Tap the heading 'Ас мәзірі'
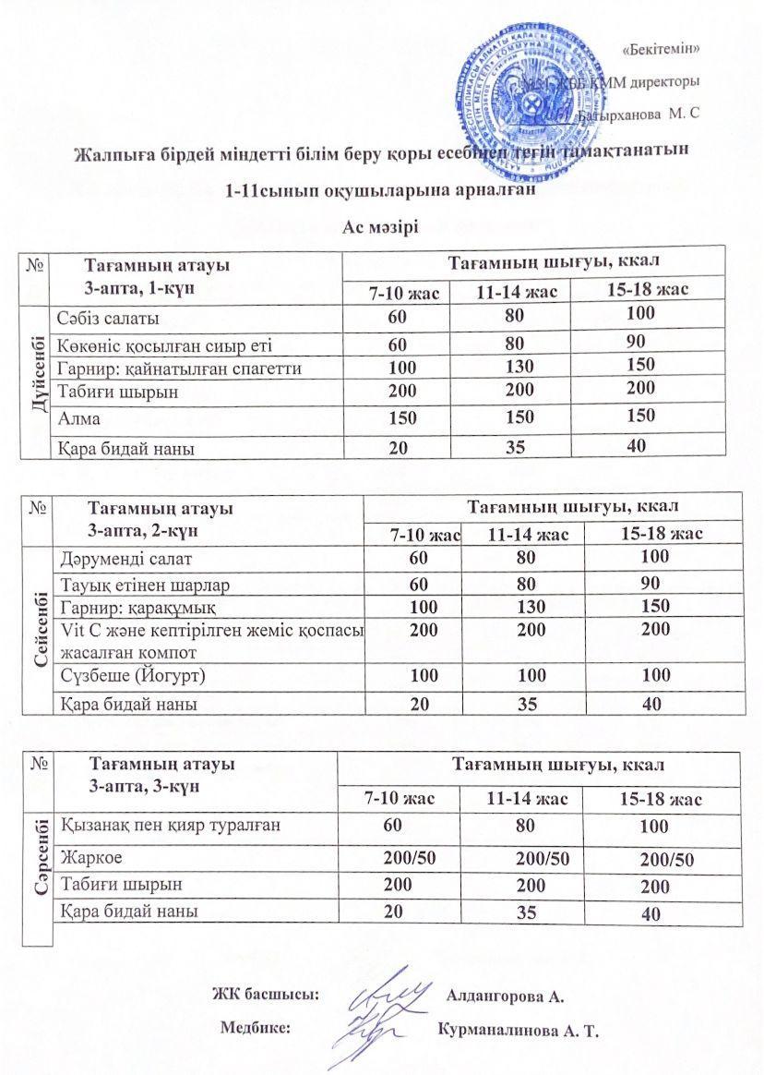coord(381,228)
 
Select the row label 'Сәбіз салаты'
coord(106,319)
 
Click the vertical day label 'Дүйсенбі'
coord(37,382)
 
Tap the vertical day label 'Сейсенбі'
coord(38,630)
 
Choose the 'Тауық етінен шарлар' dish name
coord(144,585)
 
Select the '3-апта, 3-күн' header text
coord(142,787)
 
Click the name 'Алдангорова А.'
coord(505,996)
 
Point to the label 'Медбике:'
coord(256,1026)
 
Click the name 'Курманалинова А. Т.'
coord(519,1030)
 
